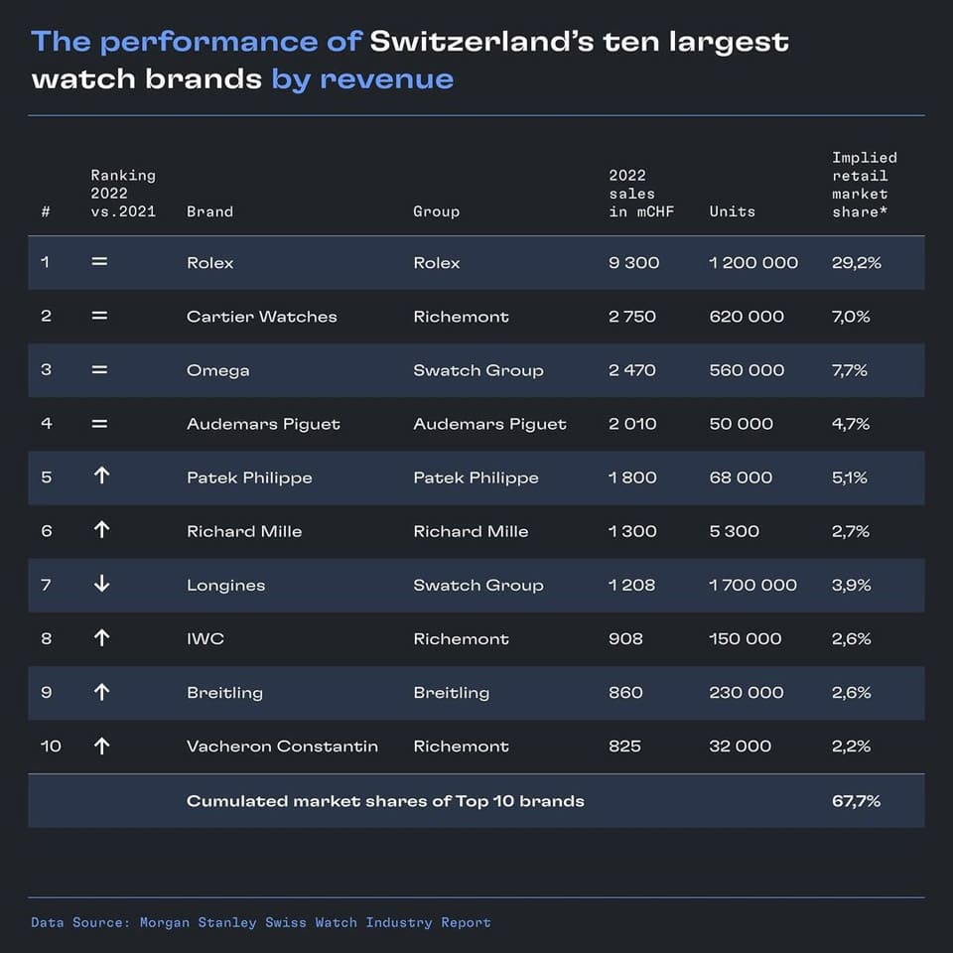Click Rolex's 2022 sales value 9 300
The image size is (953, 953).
633,263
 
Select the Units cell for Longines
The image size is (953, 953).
752,585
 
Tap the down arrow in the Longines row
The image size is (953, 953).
101,585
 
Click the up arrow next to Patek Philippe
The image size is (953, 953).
101,477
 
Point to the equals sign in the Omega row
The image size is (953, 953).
99,370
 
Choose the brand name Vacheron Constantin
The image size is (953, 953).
282,746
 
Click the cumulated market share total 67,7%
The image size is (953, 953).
856,800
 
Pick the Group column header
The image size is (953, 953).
436,211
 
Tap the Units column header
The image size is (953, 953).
732,211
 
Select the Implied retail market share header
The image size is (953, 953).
864,185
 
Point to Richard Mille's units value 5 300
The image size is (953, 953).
736,531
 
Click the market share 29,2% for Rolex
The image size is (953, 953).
856,263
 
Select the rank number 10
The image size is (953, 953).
51,746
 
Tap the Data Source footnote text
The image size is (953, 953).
261,922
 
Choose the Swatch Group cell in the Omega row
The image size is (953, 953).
477,370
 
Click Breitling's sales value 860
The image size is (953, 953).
625,692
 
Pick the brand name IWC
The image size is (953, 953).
205,638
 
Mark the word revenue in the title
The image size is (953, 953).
386,79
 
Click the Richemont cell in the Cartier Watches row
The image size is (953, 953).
461,317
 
